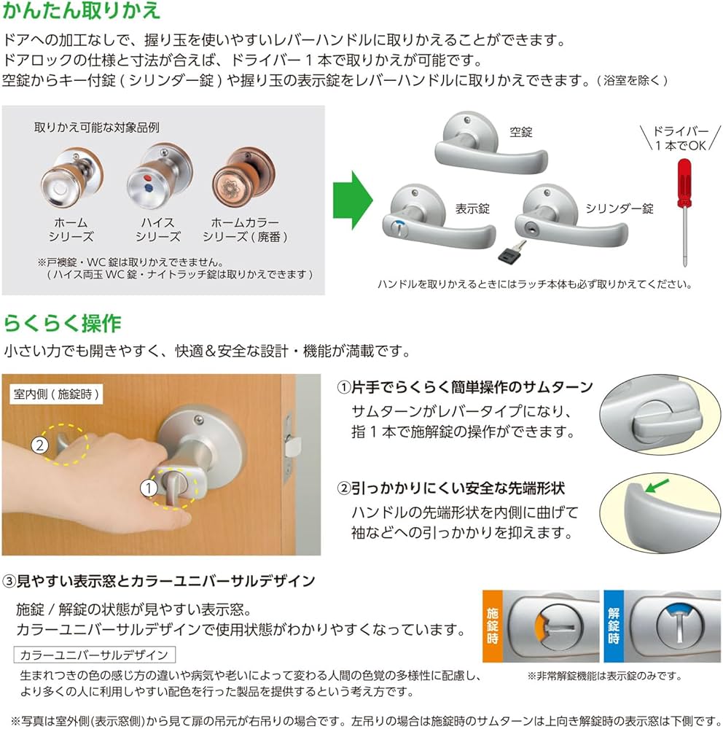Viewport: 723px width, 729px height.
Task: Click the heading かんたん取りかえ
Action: (82, 12)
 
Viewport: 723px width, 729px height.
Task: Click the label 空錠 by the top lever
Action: (521, 132)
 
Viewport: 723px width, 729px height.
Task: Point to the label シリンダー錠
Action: (620, 208)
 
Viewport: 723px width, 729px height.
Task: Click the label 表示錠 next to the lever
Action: (472, 208)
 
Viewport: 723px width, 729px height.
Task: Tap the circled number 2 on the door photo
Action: (41, 444)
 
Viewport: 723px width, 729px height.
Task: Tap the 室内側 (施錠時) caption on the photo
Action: (56, 394)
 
